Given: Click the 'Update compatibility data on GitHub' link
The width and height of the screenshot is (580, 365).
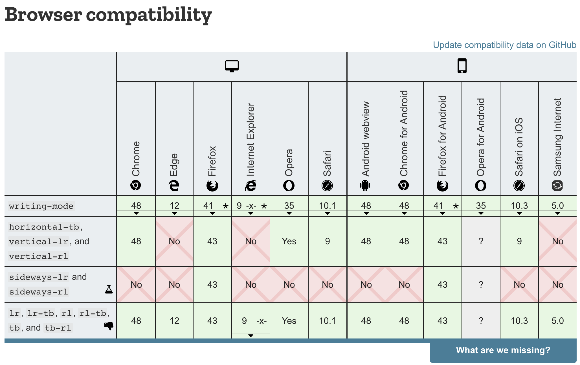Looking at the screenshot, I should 504,45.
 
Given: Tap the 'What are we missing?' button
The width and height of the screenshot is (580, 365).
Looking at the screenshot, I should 503,350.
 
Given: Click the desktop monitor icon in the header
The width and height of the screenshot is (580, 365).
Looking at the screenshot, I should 232,66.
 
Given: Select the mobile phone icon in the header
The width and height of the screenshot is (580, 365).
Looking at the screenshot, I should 462,66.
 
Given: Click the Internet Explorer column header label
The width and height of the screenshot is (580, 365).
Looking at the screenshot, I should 251,139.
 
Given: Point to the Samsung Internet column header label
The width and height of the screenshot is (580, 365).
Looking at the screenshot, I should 557,137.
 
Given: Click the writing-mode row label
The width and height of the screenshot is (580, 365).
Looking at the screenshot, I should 41,206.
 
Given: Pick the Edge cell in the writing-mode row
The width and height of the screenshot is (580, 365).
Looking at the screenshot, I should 174,206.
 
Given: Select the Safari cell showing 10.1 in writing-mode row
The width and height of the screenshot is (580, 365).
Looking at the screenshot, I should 327,206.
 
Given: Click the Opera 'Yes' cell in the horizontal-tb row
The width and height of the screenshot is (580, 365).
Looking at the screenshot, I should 289,241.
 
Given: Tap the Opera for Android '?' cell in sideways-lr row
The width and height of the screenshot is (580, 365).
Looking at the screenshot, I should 481,285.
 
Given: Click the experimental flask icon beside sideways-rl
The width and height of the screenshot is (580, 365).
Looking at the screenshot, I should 109,289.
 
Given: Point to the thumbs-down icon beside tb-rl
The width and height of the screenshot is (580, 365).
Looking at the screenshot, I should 109,326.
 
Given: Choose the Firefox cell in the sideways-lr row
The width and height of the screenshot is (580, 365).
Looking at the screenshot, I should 212,285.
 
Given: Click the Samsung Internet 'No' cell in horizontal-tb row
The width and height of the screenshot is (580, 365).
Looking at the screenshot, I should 557,241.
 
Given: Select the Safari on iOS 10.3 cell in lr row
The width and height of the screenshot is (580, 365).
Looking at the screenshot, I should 519,321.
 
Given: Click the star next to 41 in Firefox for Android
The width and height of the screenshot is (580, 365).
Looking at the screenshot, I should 456,206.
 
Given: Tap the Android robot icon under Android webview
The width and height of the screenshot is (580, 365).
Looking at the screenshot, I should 365,185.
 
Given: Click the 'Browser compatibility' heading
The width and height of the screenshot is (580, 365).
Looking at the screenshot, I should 108,15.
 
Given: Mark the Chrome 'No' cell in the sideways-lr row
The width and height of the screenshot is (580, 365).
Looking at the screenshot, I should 136,285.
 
